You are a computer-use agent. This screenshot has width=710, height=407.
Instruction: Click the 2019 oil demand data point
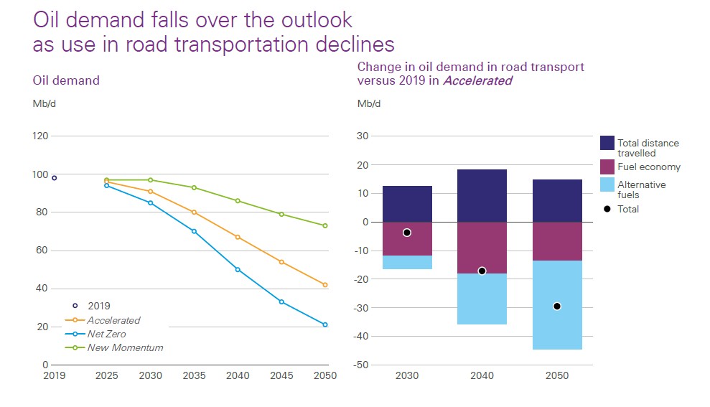tap(54, 178)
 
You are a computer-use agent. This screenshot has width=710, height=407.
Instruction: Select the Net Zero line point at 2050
tap(325, 324)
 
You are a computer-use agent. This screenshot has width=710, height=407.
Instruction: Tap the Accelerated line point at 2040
tap(238, 237)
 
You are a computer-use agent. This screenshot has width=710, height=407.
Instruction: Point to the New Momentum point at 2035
tap(194, 187)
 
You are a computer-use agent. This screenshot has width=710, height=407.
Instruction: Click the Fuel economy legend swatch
tap(607, 167)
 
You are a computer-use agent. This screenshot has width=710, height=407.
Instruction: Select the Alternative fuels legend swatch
tap(607, 185)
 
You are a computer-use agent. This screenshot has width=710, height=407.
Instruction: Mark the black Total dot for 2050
tap(557, 307)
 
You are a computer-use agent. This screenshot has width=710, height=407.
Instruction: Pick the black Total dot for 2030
tap(407, 233)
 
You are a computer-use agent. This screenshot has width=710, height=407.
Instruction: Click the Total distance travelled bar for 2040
tap(482, 196)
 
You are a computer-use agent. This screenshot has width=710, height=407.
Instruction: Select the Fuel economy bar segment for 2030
tap(407, 239)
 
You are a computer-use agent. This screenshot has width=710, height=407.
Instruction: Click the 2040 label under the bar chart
tap(482, 376)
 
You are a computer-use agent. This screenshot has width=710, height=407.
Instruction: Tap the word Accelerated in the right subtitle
tap(477, 80)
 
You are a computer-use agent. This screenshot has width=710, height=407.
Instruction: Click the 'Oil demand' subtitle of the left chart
tap(66, 80)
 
